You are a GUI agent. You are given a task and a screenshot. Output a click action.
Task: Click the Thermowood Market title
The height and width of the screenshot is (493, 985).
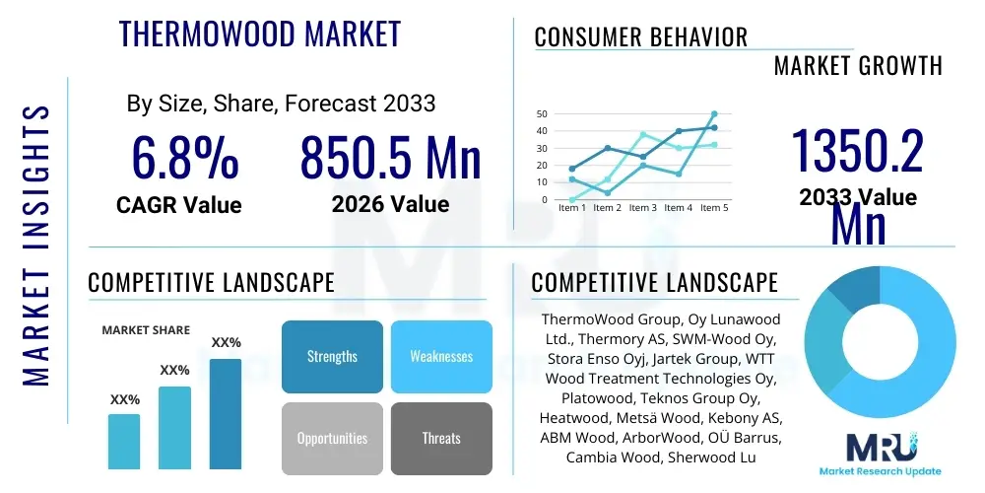[260, 34]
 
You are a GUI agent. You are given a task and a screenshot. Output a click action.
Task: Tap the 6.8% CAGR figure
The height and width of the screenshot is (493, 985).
[184, 158]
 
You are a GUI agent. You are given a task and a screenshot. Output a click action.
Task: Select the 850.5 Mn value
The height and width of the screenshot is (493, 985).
[390, 158]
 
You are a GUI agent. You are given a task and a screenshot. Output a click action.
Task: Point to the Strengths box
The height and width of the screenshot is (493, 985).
[332, 356]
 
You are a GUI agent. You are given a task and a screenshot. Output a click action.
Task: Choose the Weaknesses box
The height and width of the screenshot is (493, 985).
[441, 356]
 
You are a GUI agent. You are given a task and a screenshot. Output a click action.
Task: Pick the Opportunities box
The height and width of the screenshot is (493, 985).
[332, 438]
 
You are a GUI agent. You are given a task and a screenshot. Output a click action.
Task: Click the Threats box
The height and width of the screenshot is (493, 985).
[441, 438]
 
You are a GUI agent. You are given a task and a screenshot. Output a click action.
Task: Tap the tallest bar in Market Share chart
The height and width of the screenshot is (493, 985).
[226, 413]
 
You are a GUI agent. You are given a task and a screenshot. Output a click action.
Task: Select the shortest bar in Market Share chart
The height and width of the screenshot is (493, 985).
[124, 441]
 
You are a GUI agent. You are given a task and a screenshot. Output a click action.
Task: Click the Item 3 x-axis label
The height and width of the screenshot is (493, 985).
[642, 208]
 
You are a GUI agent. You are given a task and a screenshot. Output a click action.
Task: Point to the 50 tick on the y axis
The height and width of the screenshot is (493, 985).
[541, 114]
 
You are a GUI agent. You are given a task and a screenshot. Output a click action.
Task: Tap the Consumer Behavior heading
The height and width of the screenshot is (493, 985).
[640, 37]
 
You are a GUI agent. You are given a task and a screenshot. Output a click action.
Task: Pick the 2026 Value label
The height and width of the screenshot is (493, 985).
[390, 204]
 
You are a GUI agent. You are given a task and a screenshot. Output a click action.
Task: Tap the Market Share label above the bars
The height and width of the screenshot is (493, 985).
[146, 330]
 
